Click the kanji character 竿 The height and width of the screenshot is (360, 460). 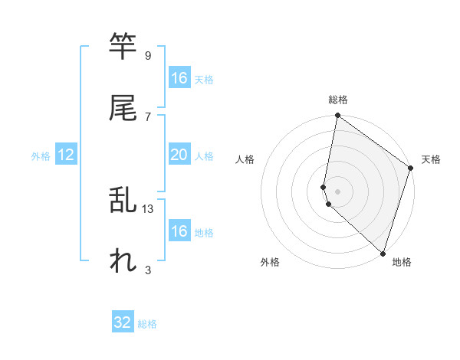click(123, 47)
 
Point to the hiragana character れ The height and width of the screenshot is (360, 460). click(123, 261)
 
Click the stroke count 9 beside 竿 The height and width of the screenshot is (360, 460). click(147, 56)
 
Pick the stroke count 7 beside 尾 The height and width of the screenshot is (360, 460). click(147, 116)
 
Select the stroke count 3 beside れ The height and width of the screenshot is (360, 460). click(147, 270)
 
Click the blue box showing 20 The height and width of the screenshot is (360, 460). click(179, 155)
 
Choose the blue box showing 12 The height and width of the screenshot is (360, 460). click(66, 155)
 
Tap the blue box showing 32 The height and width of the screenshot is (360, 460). click(123, 323)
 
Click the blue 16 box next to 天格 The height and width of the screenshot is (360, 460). click(179, 78)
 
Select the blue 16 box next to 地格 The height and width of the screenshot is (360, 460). click(179, 231)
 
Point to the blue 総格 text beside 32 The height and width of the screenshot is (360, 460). click(147, 324)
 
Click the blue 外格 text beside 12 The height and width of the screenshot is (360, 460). click(41, 156)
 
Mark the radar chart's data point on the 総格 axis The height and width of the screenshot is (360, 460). click(337, 116)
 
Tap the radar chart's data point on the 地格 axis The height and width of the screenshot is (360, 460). click(383, 253)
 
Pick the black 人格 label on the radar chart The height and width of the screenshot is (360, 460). click(245, 160)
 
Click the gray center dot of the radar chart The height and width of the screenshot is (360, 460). click(337, 191)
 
